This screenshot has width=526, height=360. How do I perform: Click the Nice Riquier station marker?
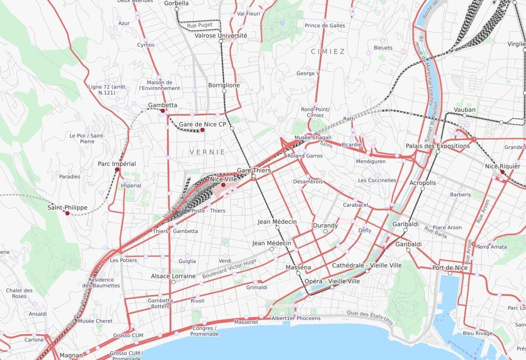(x=502, y=172)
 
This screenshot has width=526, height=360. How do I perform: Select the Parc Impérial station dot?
(x=117, y=170)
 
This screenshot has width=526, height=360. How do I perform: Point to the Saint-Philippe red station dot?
(x=68, y=213)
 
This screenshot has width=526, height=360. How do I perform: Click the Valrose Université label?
(x=221, y=35)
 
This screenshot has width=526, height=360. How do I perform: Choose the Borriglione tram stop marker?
(x=224, y=91)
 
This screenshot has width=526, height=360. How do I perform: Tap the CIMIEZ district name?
(x=328, y=51)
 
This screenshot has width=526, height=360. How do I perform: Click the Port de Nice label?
(x=450, y=267)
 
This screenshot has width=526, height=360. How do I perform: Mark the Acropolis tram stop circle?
(x=422, y=189)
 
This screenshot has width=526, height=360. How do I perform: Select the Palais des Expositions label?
(x=438, y=146)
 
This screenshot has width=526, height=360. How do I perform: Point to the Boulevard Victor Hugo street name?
(x=229, y=269)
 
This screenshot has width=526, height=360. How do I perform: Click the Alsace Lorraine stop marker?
(x=173, y=282)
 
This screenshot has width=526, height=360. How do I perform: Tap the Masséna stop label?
(x=298, y=267)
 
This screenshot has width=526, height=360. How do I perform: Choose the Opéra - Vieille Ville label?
(x=332, y=281)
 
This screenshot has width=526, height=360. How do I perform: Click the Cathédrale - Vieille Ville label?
(x=367, y=265)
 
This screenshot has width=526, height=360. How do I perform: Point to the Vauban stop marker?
(x=464, y=115)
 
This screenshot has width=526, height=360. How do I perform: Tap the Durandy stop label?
(x=325, y=225)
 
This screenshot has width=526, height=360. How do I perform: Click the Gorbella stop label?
(x=176, y=3)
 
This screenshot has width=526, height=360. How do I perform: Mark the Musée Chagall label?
(x=313, y=137)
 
